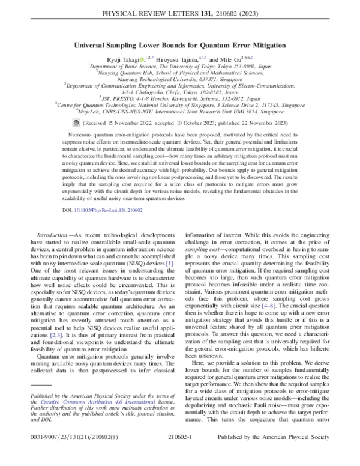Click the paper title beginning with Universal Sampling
[179, 44]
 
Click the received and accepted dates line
[179, 120]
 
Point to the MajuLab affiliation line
[179, 110]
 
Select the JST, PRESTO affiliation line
[179, 97]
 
